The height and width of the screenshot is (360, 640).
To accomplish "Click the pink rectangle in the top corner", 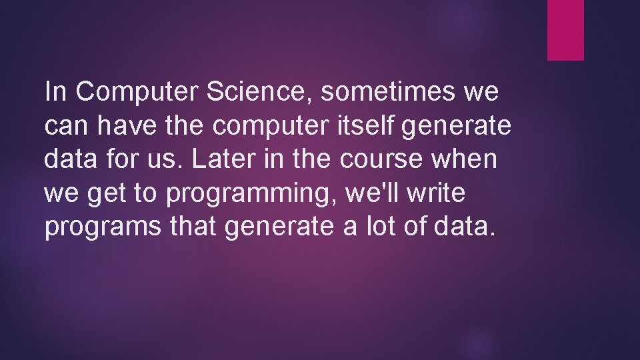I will point(565,30).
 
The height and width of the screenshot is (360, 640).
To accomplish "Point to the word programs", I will point(102,227).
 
